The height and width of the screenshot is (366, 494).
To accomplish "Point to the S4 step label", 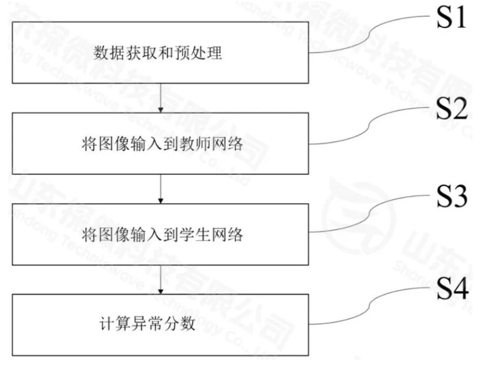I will [x=452, y=289].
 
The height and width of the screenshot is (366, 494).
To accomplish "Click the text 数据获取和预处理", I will [x=158, y=53].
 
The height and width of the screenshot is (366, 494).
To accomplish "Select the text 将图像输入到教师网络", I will [x=162, y=144].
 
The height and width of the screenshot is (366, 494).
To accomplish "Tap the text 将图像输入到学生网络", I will [x=162, y=235].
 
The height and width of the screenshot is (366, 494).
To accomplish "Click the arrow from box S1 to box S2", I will [x=161, y=98].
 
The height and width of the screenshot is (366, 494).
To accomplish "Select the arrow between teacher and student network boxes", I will [x=161, y=188].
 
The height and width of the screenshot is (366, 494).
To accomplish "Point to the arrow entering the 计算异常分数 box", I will [x=161, y=280].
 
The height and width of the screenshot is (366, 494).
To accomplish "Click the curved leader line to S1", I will [x=371, y=36].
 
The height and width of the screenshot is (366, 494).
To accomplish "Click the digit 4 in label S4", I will [x=460, y=289].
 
